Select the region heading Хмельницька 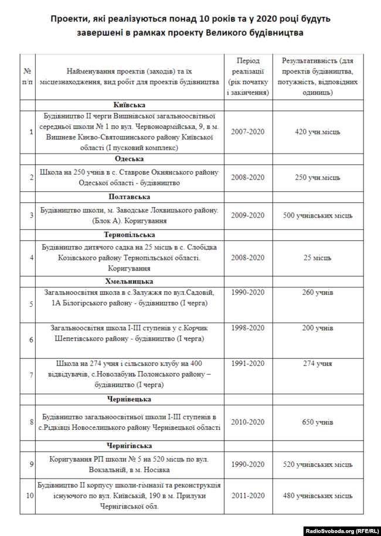point(130,281)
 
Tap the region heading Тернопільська point(130,235)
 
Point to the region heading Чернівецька point(130,399)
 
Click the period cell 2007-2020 point(247,132)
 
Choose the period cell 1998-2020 point(247,328)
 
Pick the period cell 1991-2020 point(247,364)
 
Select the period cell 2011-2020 point(247,496)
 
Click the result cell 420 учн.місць point(317,132)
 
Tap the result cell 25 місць point(317,257)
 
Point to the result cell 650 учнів point(317,422)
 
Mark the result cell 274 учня point(317,364)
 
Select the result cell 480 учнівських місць point(317,496)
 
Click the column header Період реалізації point(247,76)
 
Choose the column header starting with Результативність point(317,76)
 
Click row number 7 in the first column point(31,374)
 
